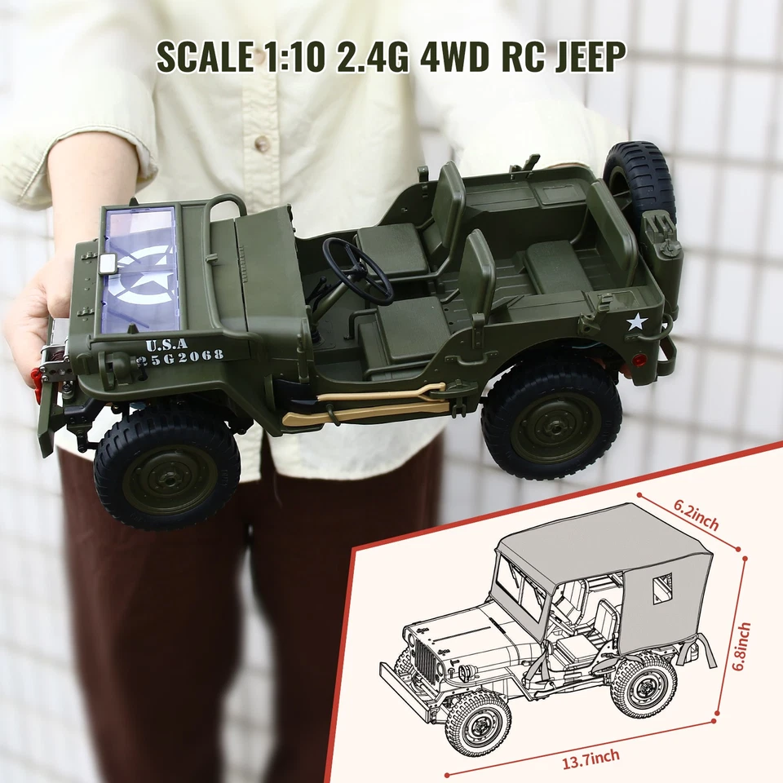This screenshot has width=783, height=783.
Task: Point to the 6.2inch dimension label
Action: (x=696, y=516)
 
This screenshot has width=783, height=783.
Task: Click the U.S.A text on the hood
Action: (x=166, y=343)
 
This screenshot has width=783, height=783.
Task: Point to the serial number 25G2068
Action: (x=181, y=356)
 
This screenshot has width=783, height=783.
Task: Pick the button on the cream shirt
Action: (x=262, y=144)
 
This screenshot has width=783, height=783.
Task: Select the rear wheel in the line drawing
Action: (x=644, y=684)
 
